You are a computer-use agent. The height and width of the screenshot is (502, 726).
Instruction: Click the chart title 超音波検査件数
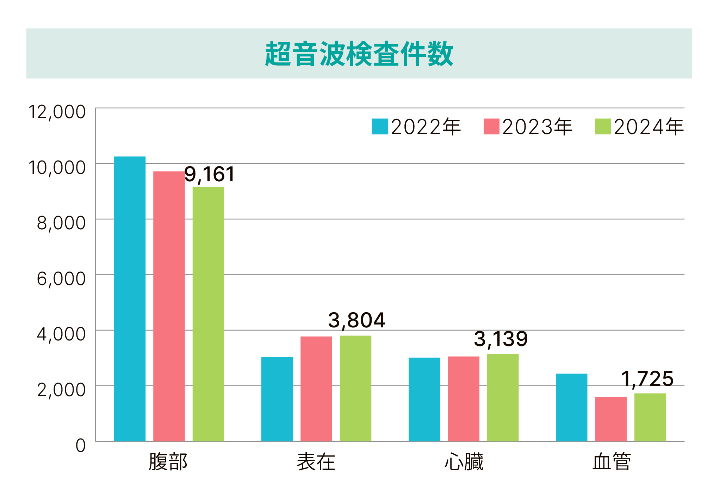point(359,54)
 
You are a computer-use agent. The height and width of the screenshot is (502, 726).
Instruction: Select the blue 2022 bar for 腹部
point(130,298)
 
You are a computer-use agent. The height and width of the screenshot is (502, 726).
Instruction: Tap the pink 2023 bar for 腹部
point(169,306)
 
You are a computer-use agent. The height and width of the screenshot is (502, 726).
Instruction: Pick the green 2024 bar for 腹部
point(208,314)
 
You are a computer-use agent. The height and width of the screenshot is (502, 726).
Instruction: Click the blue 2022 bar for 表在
point(277,399)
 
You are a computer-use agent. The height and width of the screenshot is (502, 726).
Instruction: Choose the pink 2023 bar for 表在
point(316,389)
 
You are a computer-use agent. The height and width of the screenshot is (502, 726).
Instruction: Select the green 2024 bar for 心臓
point(503,398)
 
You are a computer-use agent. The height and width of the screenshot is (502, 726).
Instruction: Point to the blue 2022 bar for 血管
point(571,407)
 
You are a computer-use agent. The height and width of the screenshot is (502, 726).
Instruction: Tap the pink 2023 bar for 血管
point(611,419)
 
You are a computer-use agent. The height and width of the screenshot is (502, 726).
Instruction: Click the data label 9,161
point(210,174)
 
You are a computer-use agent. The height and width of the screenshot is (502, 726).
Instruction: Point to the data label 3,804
point(356,320)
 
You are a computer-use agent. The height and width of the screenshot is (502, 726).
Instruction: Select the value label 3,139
point(501,339)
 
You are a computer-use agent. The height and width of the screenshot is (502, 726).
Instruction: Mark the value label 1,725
point(647,379)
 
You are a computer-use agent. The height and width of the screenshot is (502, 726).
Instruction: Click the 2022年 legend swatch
point(380,127)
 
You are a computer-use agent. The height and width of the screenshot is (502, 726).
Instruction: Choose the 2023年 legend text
point(537,127)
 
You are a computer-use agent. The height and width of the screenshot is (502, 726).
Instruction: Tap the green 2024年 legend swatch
point(602,127)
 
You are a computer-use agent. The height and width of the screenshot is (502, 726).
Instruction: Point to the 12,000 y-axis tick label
point(57,112)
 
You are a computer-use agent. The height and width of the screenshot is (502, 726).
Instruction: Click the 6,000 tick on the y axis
point(61,279)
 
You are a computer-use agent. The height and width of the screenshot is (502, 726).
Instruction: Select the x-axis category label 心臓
point(464,462)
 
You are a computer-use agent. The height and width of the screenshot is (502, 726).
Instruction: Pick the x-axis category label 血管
point(611,462)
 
